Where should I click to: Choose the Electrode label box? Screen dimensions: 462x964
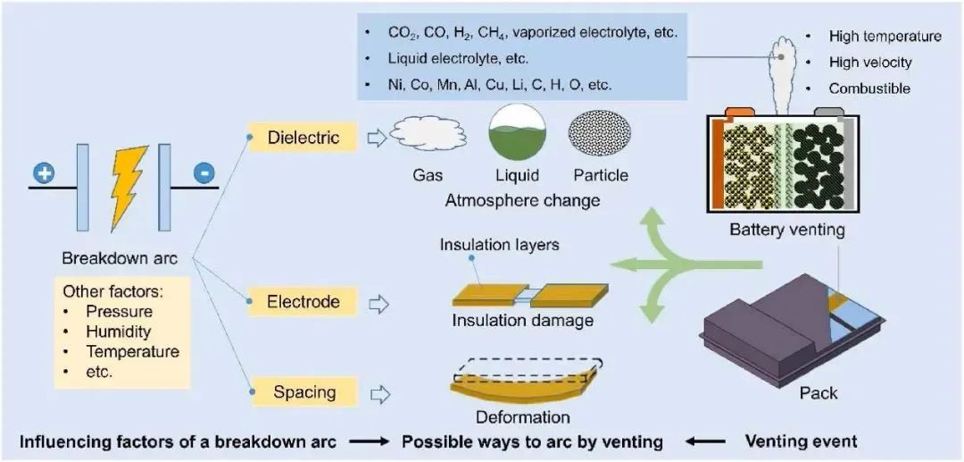tap(303, 302)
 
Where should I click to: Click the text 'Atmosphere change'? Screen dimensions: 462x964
tap(522, 200)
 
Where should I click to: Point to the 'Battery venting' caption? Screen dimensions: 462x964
tap(786, 230)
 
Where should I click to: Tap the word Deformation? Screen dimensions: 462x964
tap(522, 417)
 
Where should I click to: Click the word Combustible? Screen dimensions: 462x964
tap(868, 88)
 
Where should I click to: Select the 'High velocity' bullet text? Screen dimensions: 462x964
tap(869, 63)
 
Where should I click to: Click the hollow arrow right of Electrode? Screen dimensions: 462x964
tap(379, 303)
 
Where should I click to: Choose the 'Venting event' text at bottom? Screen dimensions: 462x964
tap(801, 441)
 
